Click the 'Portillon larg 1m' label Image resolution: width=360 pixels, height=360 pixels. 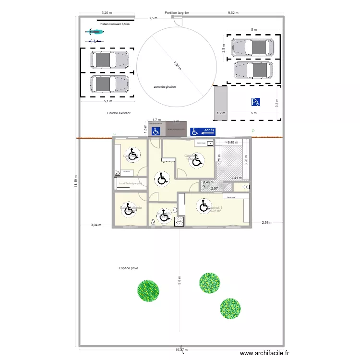pyautogui.click(x=177, y=13)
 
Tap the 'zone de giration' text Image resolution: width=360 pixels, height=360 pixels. pyautogui.click(x=165, y=87)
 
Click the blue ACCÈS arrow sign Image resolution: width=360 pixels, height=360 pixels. pyautogui.click(x=203, y=131)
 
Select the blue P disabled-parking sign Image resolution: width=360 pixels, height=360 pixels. pyautogui.click(x=255, y=102)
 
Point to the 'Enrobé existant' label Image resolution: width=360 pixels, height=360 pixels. pyautogui.click(x=119, y=113)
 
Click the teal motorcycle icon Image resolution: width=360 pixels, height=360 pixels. pyautogui.click(x=95, y=32)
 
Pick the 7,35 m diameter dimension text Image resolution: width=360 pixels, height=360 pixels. pyautogui.click(x=178, y=64)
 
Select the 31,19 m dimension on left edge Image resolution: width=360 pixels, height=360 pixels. pyautogui.click(x=75, y=181)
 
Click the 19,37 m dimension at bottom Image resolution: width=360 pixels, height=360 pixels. pyautogui.click(x=181, y=350)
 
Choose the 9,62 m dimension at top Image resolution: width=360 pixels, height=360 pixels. pyautogui.click(x=233, y=13)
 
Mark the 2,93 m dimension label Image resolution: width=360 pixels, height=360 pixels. pyautogui.click(x=267, y=222)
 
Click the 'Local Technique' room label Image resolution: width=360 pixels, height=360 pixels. pyautogui.click(x=130, y=183)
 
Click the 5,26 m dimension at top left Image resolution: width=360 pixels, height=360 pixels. pyautogui.click(x=107, y=13)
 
